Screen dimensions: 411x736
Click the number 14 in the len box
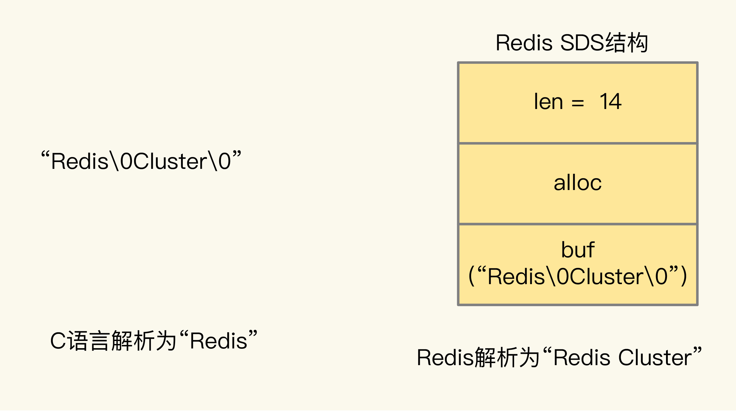610,102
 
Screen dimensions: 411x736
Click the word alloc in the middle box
578,183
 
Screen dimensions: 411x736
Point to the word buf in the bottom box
578,250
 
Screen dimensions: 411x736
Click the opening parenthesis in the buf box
471,276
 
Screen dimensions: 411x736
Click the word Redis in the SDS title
524,43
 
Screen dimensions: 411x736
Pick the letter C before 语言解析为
58,341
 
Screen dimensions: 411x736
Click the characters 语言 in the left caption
88,341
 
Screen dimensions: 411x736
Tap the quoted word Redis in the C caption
219,341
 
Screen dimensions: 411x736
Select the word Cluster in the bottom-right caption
655,357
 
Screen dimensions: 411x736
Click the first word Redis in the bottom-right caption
445,357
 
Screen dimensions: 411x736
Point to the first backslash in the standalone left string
114,161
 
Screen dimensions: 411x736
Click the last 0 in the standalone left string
225,161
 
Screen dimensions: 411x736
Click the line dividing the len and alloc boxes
578,143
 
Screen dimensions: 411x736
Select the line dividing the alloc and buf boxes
578,224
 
